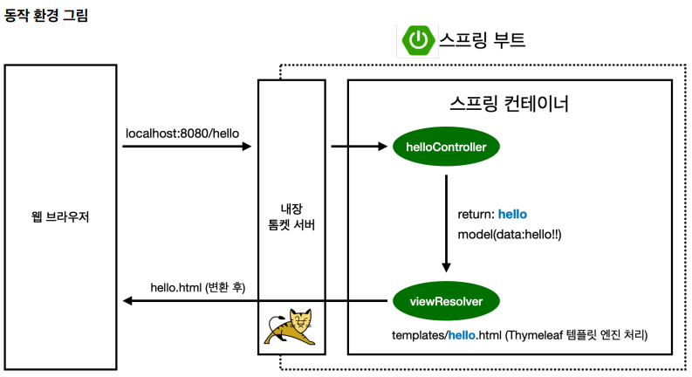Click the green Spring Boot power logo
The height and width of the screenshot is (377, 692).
pos(420,40)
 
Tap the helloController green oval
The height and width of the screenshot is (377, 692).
pos(446,147)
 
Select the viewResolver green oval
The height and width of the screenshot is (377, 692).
pos(446,302)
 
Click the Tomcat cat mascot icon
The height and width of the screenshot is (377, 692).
pos(292,326)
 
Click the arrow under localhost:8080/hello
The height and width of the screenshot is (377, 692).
pos(187,147)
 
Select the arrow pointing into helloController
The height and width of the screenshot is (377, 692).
pos(358,147)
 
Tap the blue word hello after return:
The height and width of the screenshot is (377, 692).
pos(512,215)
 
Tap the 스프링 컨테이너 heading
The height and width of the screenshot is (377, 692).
pos(510,106)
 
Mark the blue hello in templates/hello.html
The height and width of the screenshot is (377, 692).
pos(464,335)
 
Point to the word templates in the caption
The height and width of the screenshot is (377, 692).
pos(418,335)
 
